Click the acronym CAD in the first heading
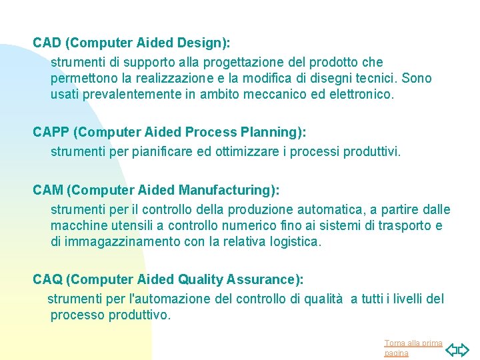click(x=47, y=43)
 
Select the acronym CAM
click(x=48, y=191)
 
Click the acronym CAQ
click(x=48, y=279)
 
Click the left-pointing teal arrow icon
click(x=451, y=349)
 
